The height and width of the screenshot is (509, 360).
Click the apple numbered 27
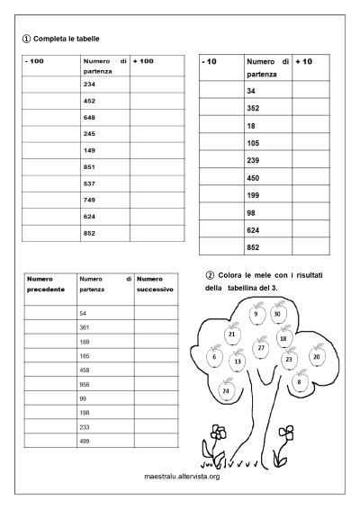click(261, 347)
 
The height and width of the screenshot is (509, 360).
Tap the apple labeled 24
click(225, 391)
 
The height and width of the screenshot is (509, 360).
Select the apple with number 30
click(277, 314)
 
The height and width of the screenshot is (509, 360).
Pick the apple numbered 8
click(298, 382)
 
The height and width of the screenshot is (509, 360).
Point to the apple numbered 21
click(232, 335)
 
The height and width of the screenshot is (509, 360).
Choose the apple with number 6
click(214, 357)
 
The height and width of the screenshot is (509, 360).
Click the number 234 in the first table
click(89, 84)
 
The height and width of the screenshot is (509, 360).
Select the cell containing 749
click(89, 200)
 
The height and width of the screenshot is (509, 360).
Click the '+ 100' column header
click(144, 61)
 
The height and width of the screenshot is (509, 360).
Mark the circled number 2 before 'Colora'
click(210, 275)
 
